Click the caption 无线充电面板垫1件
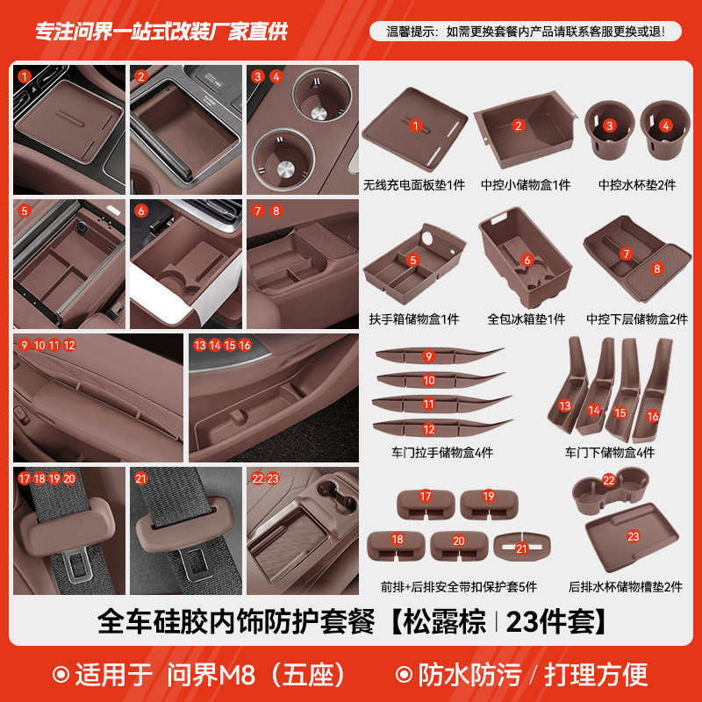pyautogui.click(x=414, y=186)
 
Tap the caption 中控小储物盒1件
pyautogui.click(x=526, y=186)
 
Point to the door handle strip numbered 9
pyautogui.click(x=440, y=356)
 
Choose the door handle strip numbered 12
pyautogui.click(x=440, y=428)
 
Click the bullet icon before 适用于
pyautogui.click(x=61, y=674)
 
